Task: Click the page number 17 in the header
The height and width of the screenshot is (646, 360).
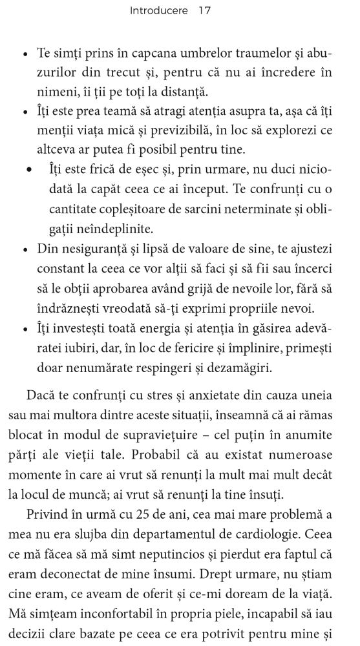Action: (x=205, y=11)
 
